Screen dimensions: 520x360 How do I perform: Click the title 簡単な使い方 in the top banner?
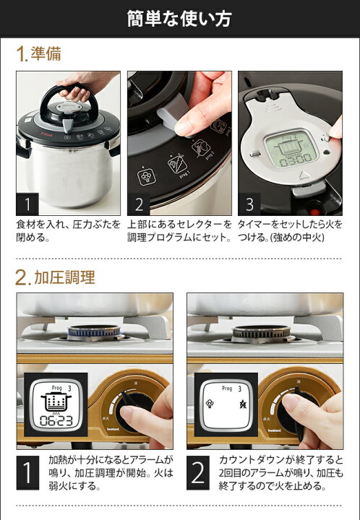[x=179, y=18]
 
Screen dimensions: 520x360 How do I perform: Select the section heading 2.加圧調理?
[x=55, y=276]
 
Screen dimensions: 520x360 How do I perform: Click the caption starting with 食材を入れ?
[x=68, y=231]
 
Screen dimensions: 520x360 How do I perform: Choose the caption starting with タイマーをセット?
[x=289, y=231]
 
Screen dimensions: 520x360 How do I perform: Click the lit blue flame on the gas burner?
[x=95, y=332]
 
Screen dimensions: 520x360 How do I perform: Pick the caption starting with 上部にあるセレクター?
[x=179, y=231]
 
